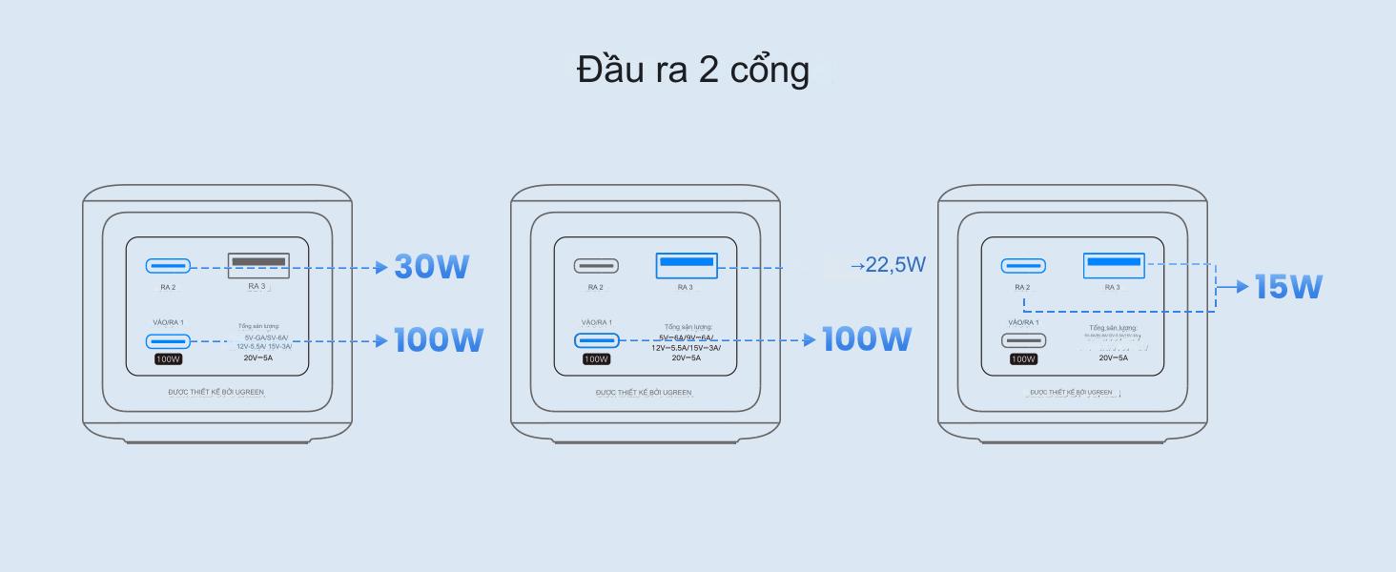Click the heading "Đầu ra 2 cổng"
click(693, 70)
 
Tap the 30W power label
click(431, 267)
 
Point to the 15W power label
click(1288, 287)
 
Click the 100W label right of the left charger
click(439, 340)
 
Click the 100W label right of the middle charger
click(866, 339)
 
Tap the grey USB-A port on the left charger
click(258, 260)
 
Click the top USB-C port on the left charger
click(168, 266)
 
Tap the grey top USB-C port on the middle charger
click(596, 266)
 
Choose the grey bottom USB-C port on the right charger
click(1023, 340)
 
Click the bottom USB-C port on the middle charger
click(596, 340)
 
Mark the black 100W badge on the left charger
click(169, 359)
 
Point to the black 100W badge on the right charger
click(1023, 359)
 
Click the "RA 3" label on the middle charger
click(685, 287)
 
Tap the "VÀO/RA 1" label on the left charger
click(169, 322)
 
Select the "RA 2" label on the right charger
click(1022, 287)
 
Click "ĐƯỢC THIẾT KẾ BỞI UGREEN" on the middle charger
click(644, 392)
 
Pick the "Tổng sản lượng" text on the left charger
click(259, 326)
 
